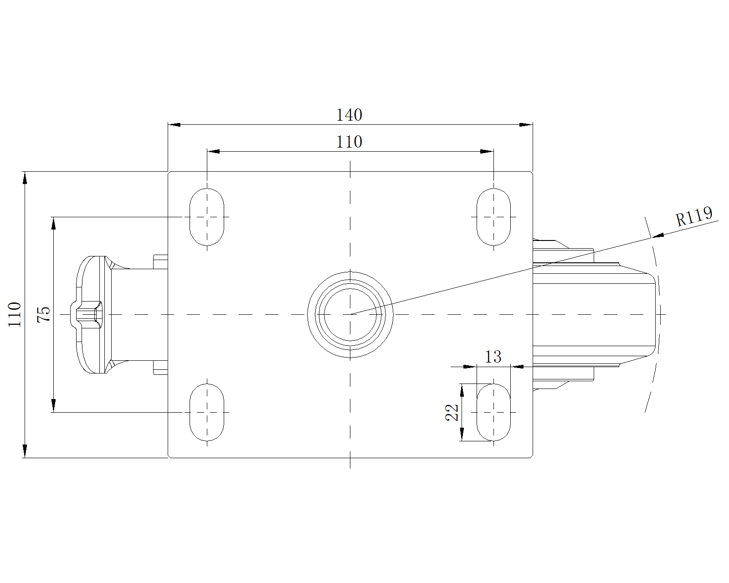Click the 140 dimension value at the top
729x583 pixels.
(x=349, y=115)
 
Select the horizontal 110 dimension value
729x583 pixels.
(x=349, y=142)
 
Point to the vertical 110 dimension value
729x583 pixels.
(x=15, y=314)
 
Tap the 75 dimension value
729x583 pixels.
(x=44, y=314)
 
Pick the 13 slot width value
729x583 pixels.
(x=493, y=357)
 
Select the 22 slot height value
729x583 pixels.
(x=452, y=412)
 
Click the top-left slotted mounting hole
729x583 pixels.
(x=207, y=217)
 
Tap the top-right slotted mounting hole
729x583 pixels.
(x=493, y=217)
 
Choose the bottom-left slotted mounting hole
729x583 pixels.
(x=207, y=412)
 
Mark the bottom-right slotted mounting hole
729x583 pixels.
(x=493, y=412)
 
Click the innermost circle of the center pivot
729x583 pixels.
(x=350, y=314)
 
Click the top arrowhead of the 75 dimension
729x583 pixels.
(x=53, y=223)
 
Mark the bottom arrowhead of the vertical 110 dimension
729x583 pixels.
(x=25, y=451)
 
